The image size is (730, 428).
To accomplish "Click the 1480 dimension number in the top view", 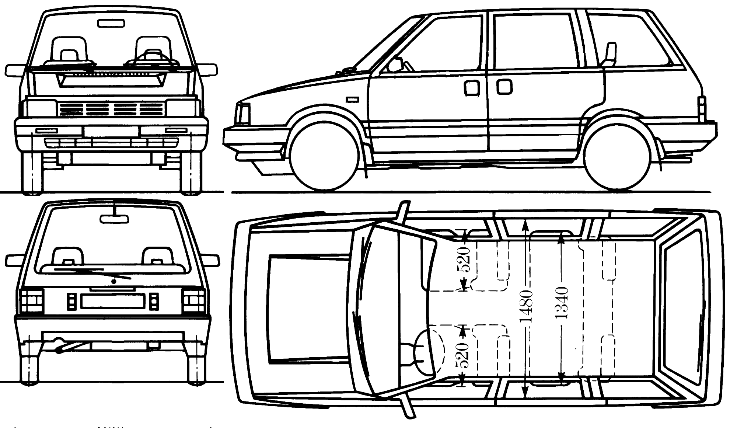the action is click(x=526, y=306).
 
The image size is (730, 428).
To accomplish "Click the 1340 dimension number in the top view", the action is click(x=561, y=303).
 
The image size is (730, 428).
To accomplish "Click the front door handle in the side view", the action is click(x=472, y=88).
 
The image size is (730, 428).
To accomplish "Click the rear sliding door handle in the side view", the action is click(x=504, y=87).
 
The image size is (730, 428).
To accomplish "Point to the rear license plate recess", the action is click(x=112, y=301).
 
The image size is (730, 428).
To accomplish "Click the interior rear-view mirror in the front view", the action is click(x=111, y=24).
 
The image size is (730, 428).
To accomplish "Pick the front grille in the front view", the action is click(x=111, y=109).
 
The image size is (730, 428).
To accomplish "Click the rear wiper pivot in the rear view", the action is click(x=114, y=282).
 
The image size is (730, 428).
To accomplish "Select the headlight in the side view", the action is click(x=243, y=114).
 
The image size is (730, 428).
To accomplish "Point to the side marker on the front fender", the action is click(x=353, y=99).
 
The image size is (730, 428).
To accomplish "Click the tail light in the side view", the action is click(x=702, y=109).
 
